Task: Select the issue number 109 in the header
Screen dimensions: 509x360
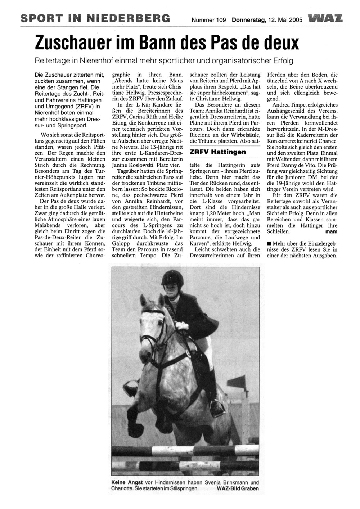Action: [220, 20]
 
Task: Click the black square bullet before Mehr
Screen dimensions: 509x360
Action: [269, 244]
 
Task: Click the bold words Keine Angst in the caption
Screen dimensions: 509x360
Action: [127, 482]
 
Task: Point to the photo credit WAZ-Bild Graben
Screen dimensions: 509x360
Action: [238, 488]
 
